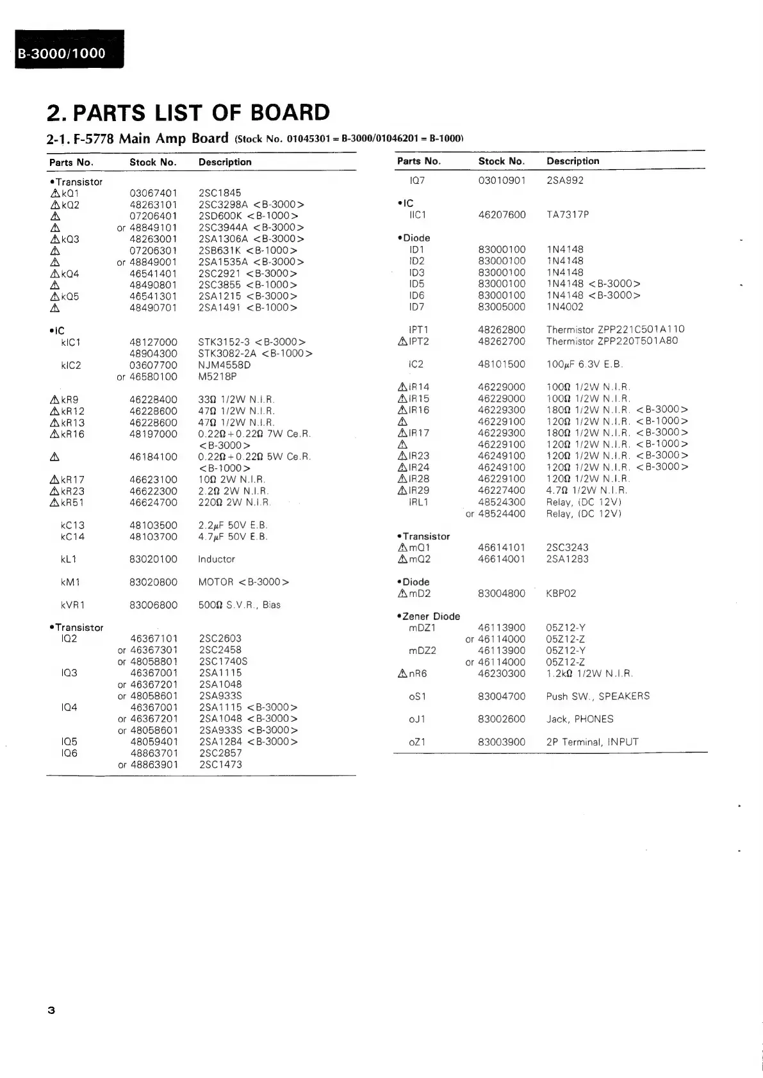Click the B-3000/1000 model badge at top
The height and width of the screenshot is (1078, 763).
[x=62, y=54]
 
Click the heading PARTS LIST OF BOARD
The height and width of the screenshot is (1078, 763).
[x=188, y=113]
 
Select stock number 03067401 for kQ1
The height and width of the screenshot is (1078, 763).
[x=153, y=193]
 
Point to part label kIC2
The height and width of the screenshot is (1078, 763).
[x=70, y=365]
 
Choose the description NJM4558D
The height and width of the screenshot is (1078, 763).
[x=224, y=365]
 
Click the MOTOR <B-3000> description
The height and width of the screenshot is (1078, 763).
[x=243, y=582]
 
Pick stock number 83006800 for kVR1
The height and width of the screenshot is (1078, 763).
[x=153, y=605]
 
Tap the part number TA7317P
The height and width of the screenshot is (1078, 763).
[x=568, y=215]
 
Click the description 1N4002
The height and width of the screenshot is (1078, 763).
[x=564, y=307]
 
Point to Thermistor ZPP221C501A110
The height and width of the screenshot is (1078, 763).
[x=615, y=329]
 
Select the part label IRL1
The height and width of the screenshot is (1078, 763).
[x=418, y=502]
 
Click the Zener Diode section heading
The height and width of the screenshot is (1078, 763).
[x=429, y=616]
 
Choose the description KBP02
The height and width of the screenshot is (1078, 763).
[x=561, y=593]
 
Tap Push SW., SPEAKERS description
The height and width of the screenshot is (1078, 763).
[x=598, y=696]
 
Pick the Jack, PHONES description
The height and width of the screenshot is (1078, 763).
[x=580, y=719]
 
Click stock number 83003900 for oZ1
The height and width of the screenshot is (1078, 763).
[x=502, y=742]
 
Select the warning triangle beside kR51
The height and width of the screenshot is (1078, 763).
[x=54, y=502]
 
